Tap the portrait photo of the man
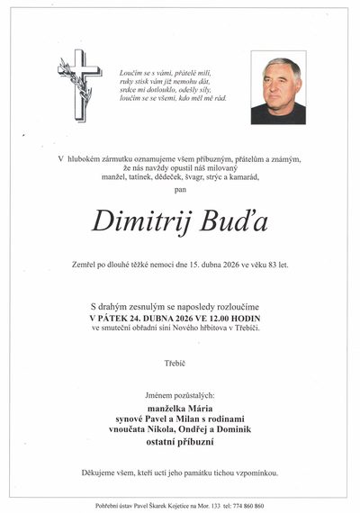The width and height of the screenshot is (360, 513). point(278,87)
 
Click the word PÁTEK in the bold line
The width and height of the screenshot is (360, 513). point(117,317)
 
